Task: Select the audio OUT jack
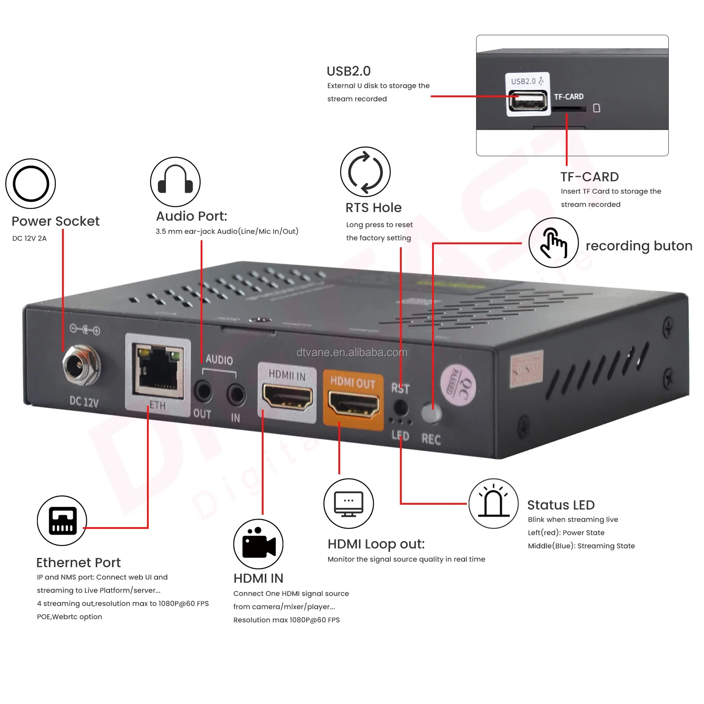(x=203, y=391)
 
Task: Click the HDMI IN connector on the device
(x=287, y=396)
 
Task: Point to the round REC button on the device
(x=431, y=413)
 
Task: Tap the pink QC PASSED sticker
(x=458, y=385)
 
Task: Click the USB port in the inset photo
(x=528, y=102)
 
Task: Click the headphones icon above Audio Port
(x=175, y=181)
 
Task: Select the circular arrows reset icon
(x=365, y=172)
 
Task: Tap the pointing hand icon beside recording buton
(x=553, y=242)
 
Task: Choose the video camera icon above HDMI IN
(x=258, y=544)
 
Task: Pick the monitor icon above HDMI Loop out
(x=348, y=503)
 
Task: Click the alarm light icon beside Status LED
(x=493, y=503)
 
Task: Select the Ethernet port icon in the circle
(x=62, y=521)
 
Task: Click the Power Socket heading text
(x=55, y=221)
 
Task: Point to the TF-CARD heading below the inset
(x=589, y=177)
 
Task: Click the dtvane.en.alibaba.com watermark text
(x=352, y=352)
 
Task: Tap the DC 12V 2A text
(x=29, y=238)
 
